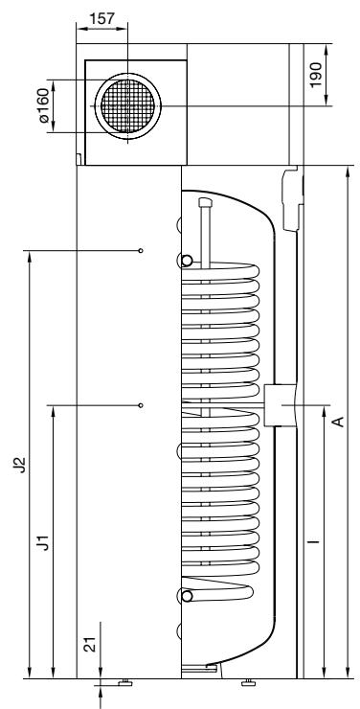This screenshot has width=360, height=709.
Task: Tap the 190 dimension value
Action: (342, 75)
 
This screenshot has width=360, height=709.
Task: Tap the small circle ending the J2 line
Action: (141, 251)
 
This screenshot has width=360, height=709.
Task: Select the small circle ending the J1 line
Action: (141, 405)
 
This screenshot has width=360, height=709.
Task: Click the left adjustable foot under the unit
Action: (124, 682)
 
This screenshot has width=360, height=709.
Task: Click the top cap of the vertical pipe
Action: (202, 203)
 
